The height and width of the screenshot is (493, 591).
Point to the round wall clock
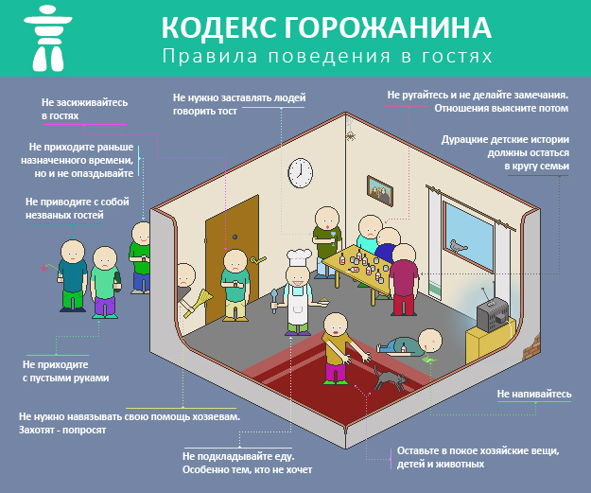[x=300, y=171]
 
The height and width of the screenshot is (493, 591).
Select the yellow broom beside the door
[x=200, y=303]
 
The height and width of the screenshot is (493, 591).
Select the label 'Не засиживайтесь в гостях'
[x=83, y=108]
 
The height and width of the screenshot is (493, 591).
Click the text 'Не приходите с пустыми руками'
[x=65, y=370]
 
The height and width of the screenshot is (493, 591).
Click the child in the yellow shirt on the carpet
[x=336, y=348]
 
